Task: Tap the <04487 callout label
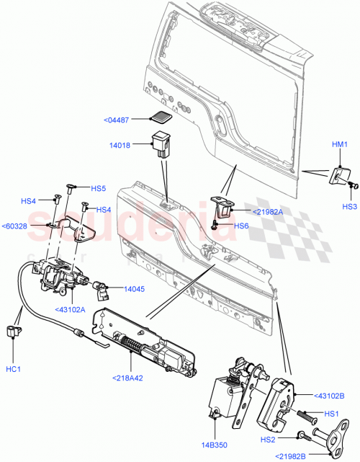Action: tap(130, 120)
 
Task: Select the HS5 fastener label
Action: tap(99, 188)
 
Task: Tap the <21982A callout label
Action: tap(267, 211)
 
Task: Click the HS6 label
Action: tap(242, 226)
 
